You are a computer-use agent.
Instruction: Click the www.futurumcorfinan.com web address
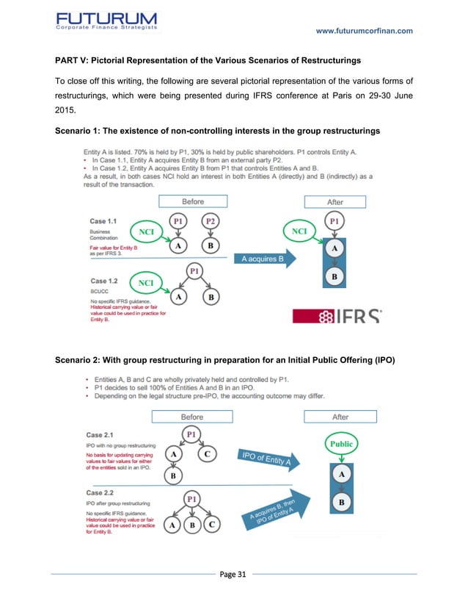(364, 30)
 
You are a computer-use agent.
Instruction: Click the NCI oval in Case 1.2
(146, 282)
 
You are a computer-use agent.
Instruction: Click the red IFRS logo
(337, 318)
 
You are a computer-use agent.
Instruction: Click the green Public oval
(341, 444)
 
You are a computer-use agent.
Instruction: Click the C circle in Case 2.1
(208, 454)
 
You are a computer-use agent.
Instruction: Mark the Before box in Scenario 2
(191, 417)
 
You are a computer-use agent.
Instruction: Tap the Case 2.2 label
(106, 492)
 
